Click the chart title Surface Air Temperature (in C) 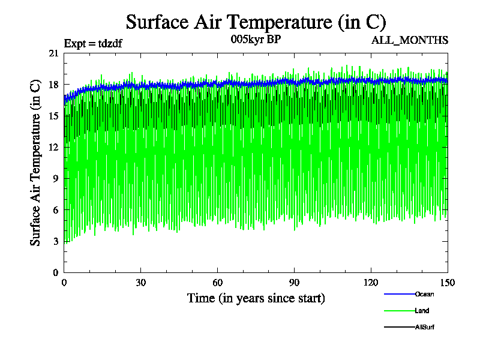(256, 23)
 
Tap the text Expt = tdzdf (93, 43)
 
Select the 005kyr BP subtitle (256, 40)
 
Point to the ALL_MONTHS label (410, 40)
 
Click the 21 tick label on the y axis (53, 53)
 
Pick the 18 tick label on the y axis (53, 85)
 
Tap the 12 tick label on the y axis (53, 148)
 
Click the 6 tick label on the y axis (56, 210)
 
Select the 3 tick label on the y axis (56, 241)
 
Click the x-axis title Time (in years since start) (256, 298)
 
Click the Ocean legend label (424, 294)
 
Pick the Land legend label (422, 311)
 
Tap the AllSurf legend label (424, 327)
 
